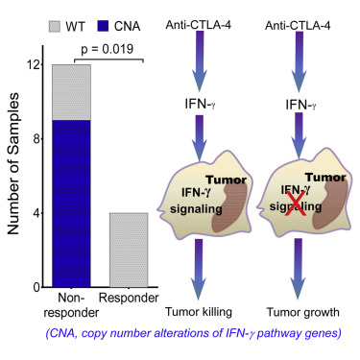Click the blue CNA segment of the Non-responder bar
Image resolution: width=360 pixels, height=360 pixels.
pos(71,204)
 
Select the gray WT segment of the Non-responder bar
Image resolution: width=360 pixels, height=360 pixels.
pos(71,92)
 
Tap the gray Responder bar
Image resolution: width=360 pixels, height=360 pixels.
pos(129,250)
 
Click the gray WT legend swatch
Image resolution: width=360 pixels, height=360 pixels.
pos(55,26)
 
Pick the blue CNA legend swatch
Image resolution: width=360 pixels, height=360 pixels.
pos(103,26)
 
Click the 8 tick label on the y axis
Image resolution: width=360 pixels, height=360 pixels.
pos(36,139)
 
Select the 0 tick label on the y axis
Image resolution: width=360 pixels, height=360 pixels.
pos(36,288)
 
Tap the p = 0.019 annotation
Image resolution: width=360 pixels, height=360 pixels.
pos(107,49)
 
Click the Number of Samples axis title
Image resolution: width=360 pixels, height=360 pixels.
pos(12,164)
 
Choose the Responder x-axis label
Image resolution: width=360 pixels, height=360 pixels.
pos(129,298)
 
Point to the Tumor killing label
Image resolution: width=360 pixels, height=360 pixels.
pos(199,312)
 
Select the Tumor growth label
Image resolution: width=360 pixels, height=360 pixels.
pos(303,312)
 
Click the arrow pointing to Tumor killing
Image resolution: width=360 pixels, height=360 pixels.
pos(199,270)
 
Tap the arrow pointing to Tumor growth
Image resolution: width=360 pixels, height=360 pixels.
pos(299,269)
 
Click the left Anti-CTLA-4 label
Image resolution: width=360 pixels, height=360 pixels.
pos(199,25)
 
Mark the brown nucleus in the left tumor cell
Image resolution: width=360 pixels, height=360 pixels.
pos(230,207)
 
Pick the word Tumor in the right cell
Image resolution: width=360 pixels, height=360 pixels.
pos(325,178)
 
